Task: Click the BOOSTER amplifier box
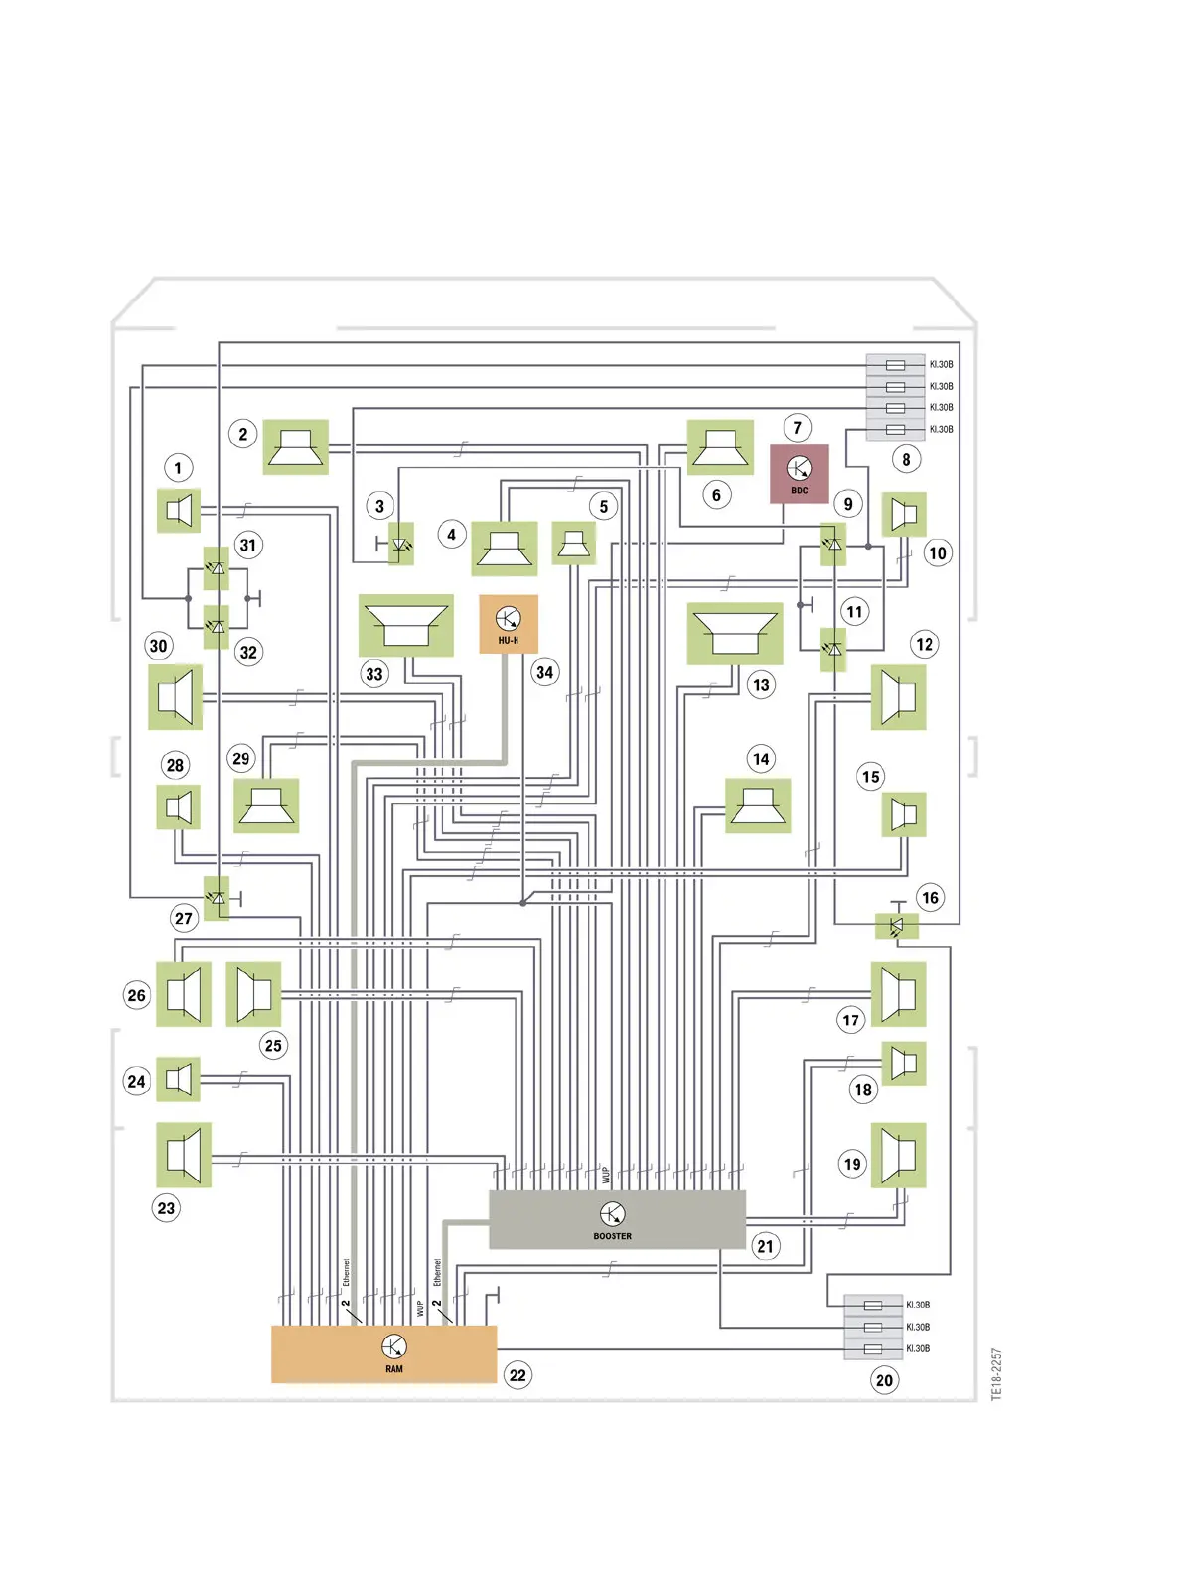coord(616,1219)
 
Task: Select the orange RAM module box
coord(383,1353)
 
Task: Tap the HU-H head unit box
coord(509,624)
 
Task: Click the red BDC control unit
coord(799,473)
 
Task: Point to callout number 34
coord(544,672)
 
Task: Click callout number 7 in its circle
coord(797,428)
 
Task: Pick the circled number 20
coord(884,1380)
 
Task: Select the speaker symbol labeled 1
coord(180,511)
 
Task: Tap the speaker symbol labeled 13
coord(734,634)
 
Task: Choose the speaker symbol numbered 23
coord(184,1155)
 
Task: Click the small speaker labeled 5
coord(573,543)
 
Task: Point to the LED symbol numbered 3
coord(401,544)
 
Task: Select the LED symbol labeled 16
coord(897,926)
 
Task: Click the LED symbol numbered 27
coord(217,898)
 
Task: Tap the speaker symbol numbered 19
coord(898,1155)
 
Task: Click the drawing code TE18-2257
coord(996,1374)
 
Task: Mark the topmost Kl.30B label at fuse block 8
coord(941,364)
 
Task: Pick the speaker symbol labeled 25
coord(253,994)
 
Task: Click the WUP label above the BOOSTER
coord(605,1175)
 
